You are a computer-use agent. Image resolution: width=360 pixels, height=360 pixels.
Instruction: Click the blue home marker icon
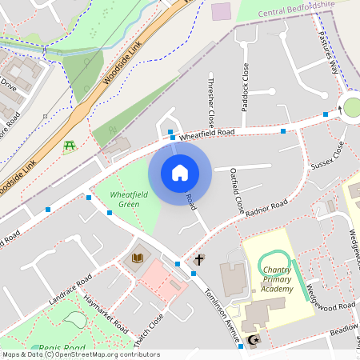(180, 172)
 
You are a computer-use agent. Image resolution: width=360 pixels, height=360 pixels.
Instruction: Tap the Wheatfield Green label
(124, 199)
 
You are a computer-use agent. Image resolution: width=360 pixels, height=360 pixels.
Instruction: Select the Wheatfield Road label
(206, 134)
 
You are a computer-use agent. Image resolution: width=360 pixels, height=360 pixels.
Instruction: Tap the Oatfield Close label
(237, 190)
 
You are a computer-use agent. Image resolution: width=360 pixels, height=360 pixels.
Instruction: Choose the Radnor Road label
(267, 210)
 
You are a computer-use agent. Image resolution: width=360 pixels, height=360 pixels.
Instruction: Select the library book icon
(137, 257)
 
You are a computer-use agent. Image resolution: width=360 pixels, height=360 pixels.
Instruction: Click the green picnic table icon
(69, 146)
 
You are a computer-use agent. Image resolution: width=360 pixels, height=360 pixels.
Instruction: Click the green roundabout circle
(352, 106)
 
